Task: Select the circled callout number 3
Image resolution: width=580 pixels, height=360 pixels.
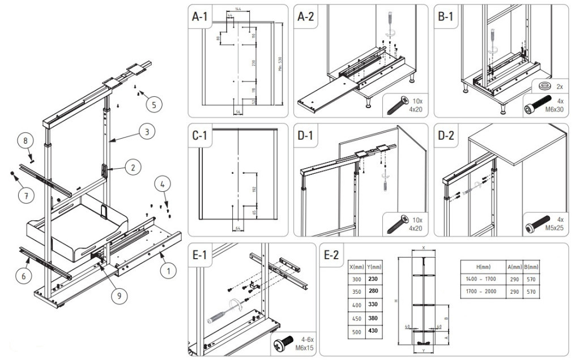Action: coord(147,132)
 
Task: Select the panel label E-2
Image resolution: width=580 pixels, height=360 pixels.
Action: coord(332,256)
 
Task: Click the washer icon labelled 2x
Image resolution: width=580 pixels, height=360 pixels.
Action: coord(546,86)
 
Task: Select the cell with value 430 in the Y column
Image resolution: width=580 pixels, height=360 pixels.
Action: coord(373,331)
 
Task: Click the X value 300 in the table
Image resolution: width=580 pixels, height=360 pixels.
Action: coord(356,279)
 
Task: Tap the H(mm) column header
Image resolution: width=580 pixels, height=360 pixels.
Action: coord(483,267)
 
